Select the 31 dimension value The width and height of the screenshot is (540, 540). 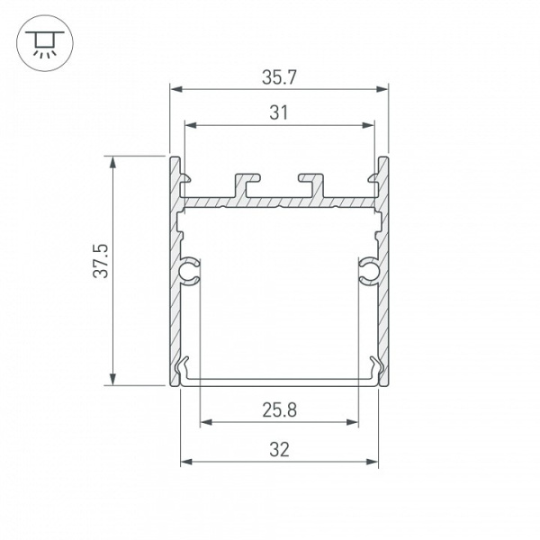coord(279,112)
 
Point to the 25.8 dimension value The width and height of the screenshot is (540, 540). coord(280,410)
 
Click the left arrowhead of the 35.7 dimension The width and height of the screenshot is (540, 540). coord(176,89)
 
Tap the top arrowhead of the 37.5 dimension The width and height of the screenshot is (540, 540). coord(112,162)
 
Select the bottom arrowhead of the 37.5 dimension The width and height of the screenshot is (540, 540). coord(112,379)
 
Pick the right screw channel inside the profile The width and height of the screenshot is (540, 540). coord(369,269)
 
